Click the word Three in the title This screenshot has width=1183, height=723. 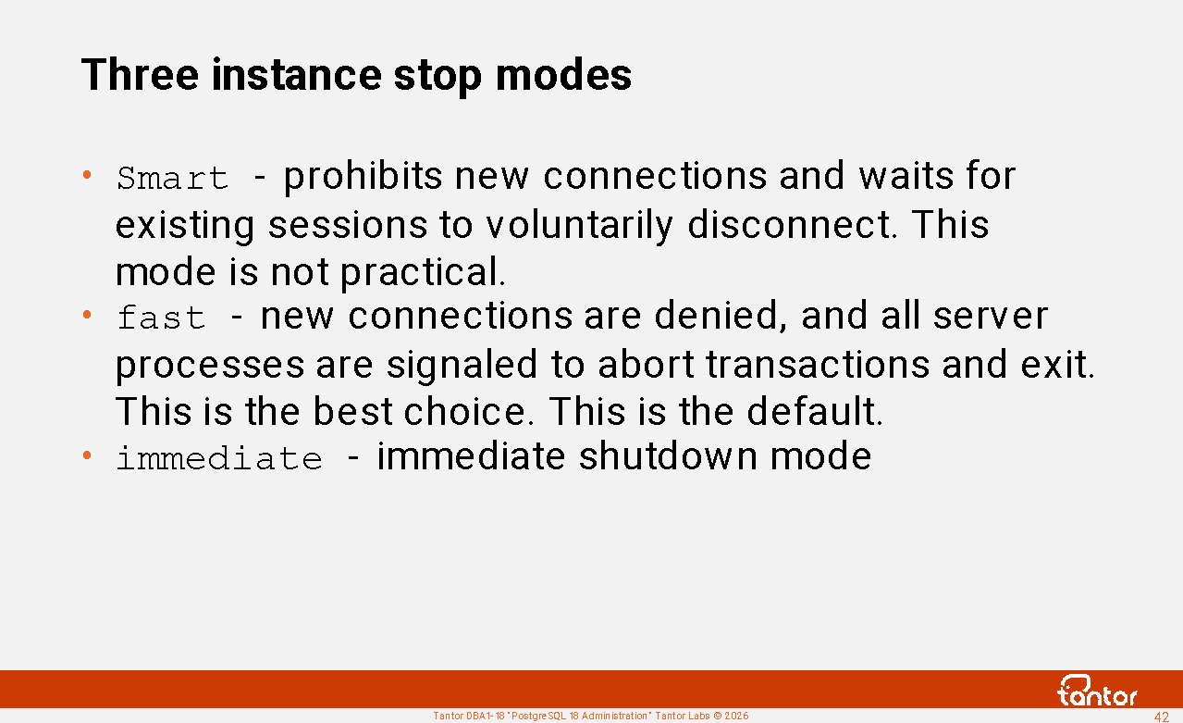[140, 74]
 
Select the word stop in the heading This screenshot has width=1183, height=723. [437, 77]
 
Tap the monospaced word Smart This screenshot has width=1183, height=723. [172, 178]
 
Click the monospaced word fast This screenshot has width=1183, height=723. [161, 318]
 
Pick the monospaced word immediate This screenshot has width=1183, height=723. [219, 457]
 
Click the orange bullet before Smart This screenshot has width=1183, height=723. [87, 174]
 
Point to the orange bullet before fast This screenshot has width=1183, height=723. [87, 315]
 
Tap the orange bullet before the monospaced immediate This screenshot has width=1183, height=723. [87, 455]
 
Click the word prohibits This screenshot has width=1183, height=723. [363, 177]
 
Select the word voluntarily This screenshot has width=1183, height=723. [580, 226]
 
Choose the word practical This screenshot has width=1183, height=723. [423, 273]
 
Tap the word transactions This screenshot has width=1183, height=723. [818, 365]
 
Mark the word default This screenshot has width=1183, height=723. [815, 411]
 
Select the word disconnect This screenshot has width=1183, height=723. [792, 225]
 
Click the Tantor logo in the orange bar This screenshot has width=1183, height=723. [1097, 691]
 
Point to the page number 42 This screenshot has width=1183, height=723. [1162, 717]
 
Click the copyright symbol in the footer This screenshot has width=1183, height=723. [717, 717]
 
